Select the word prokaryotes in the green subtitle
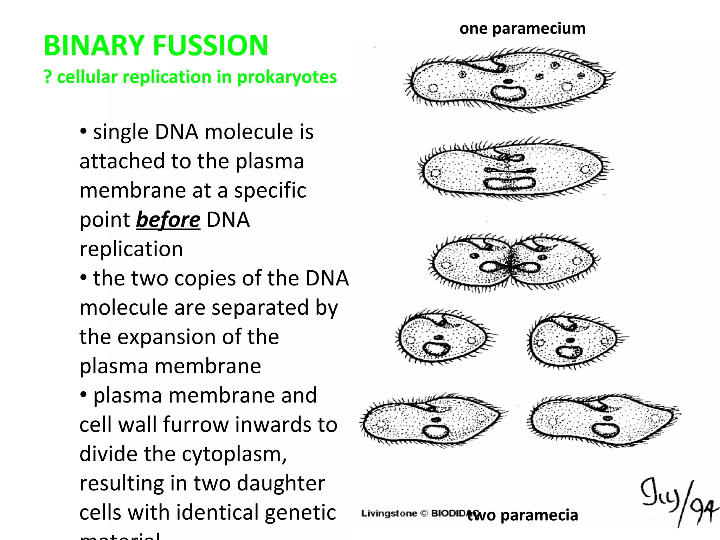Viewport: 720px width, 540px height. click(x=287, y=77)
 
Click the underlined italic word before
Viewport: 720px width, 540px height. click(x=168, y=220)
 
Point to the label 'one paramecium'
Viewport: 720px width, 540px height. click(x=522, y=28)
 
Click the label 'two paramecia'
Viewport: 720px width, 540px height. click(x=523, y=515)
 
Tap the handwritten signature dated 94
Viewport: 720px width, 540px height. click(x=677, y=501)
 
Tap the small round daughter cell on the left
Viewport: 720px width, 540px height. click(x=443, y=337)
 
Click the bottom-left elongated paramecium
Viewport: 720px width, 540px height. click(x=432, y=420)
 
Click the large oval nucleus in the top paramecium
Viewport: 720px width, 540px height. click(x=508, y=93)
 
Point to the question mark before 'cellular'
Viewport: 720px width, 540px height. click(x=48, y=77)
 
